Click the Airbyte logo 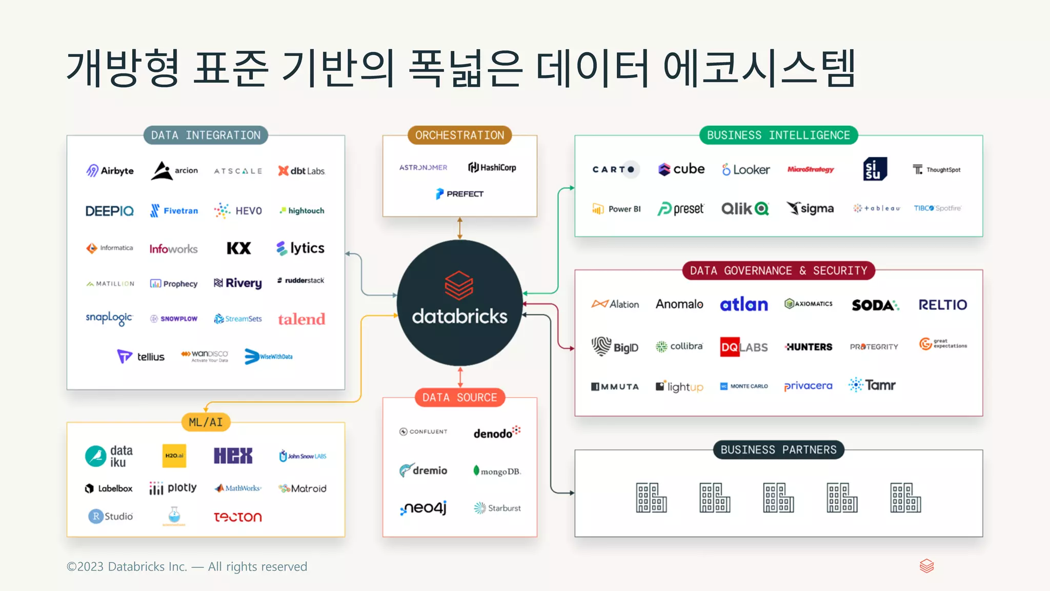pos(110,170)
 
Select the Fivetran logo pos(174,210)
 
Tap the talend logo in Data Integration pos(301,319)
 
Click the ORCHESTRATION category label pos(459,135)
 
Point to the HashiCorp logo pos(492,167)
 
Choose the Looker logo pos(746,169)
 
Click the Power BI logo pos(617,209)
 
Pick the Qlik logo pos(745,209)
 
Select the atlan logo pos(744,305)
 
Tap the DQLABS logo pos(744,347)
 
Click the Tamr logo pos(872,385)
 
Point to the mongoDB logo pos(497,471)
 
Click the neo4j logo pos(423,508)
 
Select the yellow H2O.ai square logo pos(174,456)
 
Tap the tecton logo pos(238,517)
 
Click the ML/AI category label pos(206,422)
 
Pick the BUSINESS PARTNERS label pos(778,450)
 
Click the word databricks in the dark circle pos(459,317)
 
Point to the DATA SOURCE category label pos(459,398)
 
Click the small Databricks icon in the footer pos(926,566)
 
